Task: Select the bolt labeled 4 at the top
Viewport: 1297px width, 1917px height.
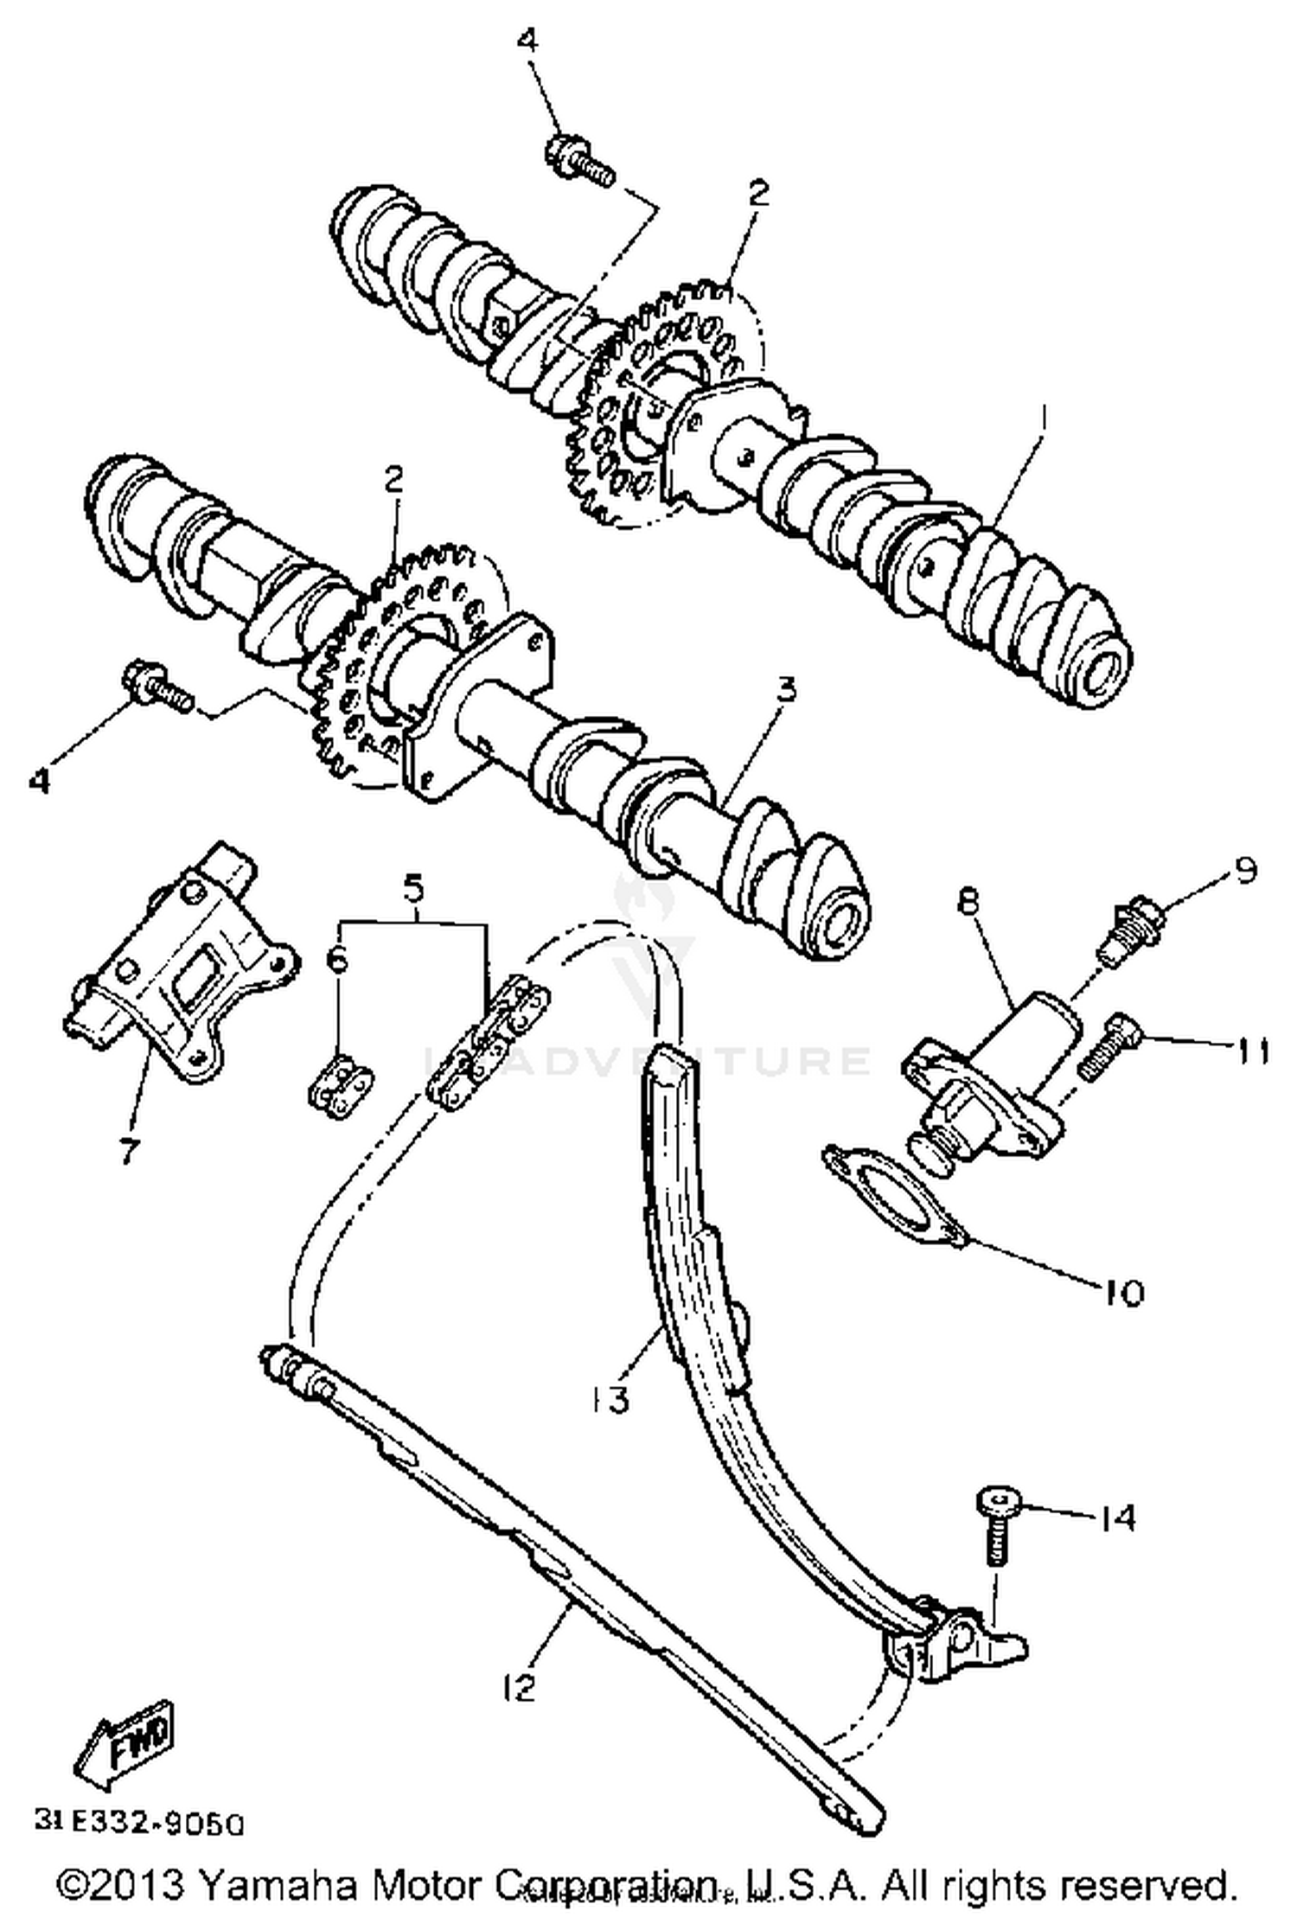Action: [x=578, y=162]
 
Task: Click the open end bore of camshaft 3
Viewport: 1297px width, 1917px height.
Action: [x=840, y=926]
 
